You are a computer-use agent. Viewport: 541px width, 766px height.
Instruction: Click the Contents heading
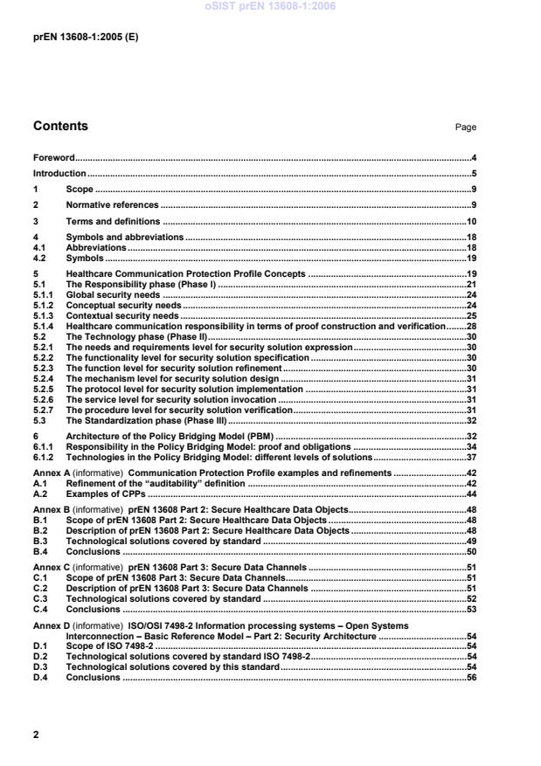pyautogui.click(x=60, y=126)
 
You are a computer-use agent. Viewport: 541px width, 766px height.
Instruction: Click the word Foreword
pyautogui.click(x=53, y=158)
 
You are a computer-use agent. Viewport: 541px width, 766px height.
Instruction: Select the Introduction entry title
pyautogui.click(x=58, y=174)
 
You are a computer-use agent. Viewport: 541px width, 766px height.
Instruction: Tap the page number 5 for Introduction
pyautogui.click(x=473, y=174)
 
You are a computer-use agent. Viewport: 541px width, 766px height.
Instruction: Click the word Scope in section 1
pyautogui.click(x=80, y=190)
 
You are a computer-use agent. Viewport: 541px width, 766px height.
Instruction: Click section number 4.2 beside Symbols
pyautogui.click(x=39, y=259)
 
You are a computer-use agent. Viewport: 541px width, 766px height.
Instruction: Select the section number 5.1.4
pyautogui.click(x=44, y=326)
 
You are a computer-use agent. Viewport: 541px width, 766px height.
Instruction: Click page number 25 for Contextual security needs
pyautogui.click(x=470, y=315)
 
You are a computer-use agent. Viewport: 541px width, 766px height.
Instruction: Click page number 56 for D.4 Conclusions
pyautogui.click(x=470, y=677)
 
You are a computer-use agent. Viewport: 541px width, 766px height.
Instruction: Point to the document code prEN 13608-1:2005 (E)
pyautogui.click(x=86, y=38)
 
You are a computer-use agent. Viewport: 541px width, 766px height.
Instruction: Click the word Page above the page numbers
pyautogui.click(x=465, y=128)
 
